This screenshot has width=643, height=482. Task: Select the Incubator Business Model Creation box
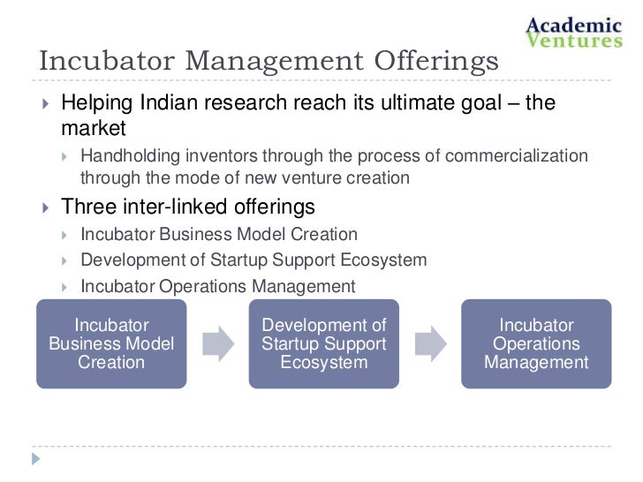coord(111,343)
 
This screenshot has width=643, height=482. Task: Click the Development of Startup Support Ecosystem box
coord(324,343)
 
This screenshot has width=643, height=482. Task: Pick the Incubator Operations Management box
coord(536,343)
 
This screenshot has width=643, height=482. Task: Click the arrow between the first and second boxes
coord(217,343)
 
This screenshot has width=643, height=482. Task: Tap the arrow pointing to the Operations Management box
coord(430,343)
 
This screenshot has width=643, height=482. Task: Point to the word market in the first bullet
coord(94,129)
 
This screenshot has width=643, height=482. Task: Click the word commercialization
coord(517,156)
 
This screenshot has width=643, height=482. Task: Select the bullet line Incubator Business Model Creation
coord(218,235)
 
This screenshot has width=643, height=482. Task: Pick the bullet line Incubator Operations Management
coord(217,286)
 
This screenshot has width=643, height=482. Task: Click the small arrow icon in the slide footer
coord(36,459)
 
